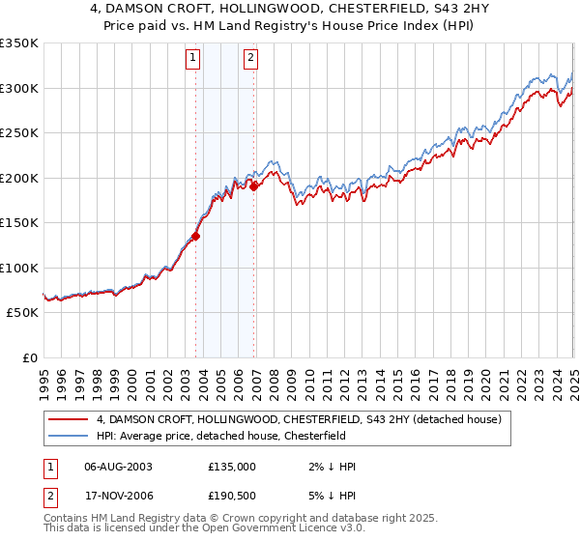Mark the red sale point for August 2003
coord(195,235)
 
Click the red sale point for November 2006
coord(253,186)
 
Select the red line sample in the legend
coord(69,420)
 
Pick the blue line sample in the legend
coord(69,436)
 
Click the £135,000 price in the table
coord(231,467)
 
